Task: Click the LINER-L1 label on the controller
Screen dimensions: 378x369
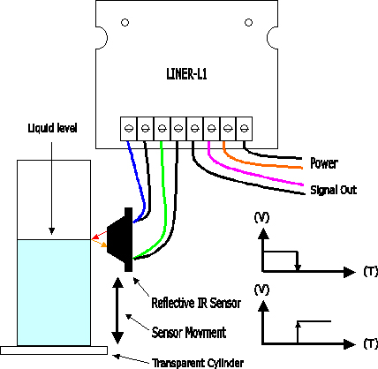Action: pos(186,73)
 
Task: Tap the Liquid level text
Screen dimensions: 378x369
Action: pos(52,128)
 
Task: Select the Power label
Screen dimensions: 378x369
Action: pos(324,163)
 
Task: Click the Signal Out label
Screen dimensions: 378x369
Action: pos(334,190)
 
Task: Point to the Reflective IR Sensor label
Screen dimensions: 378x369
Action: pos(196,303)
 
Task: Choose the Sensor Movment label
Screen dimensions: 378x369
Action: pos(189,333)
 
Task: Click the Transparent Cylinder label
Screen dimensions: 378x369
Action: pos(198,363)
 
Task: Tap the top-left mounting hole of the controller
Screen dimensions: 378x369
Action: pos(125,23)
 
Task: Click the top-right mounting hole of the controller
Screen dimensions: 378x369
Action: pos(248,22)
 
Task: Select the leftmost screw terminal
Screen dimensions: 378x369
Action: pos(129,129)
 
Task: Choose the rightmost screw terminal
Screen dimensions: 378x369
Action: pos(244,129)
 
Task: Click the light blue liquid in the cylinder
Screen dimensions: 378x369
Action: pos(54,292)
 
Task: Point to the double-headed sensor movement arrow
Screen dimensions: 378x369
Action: pos(117,311)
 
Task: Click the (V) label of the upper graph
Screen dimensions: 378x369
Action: pos(261,217)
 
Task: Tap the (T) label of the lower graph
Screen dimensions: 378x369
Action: pos(370,343)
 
